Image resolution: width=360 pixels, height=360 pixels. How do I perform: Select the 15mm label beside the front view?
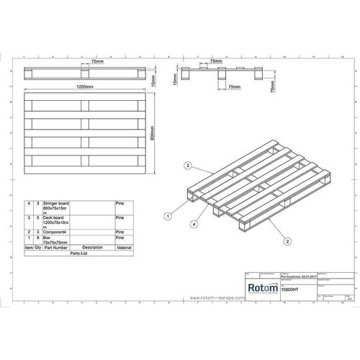click(154, 75)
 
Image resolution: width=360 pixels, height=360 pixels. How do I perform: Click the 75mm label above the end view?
click(214, 62)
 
